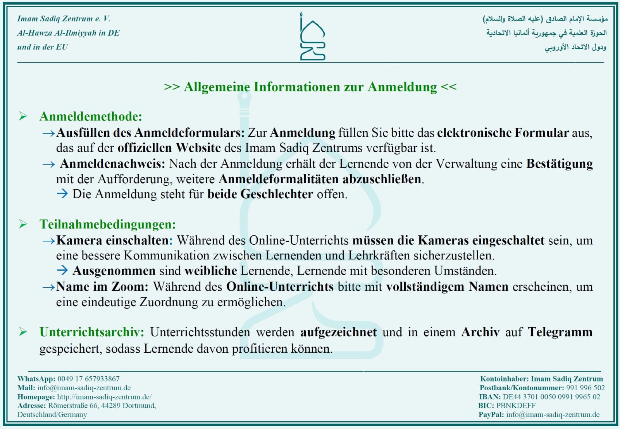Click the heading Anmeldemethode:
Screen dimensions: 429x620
pos(91,117)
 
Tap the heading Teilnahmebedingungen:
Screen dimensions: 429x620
pos(107,225)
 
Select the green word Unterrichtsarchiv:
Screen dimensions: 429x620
pos(92,332)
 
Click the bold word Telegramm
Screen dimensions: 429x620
pos(560,332)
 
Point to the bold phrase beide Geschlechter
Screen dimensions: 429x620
pos(260,194)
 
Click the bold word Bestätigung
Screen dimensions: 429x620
pos(559,164)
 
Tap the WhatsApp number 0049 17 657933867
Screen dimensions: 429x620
pos(88,379)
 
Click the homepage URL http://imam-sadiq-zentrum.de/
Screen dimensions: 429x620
pos(104,396)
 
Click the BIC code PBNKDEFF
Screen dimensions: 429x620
pos(516,405)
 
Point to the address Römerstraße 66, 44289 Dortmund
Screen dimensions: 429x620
pos(102,405)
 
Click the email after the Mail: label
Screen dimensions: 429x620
pos(84,388)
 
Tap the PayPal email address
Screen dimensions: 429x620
pos(553,414)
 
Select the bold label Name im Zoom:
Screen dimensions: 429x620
pos(102,287)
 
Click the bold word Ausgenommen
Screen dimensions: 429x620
pos(114,271)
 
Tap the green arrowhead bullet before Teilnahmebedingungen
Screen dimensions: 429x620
pos(23,224)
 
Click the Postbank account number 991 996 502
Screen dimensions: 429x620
pos(585,388)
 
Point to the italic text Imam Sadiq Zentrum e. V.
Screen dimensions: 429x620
pos(64,19)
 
